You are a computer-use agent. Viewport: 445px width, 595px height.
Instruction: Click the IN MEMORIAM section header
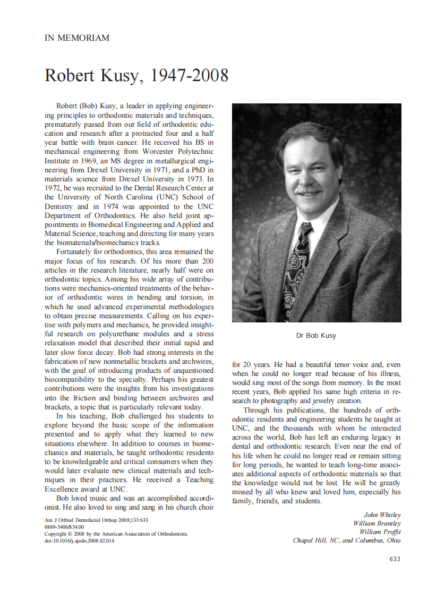(x=77, y=38)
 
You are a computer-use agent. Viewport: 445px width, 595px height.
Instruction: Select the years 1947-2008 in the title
(x=190, y=75)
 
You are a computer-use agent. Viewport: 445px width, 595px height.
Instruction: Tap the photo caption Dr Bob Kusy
(x=316, y=335)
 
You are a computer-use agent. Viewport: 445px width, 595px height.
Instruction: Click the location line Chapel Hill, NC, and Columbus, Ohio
(x=347, y=540)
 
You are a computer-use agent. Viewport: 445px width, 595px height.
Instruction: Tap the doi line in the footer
(x=79, y=541)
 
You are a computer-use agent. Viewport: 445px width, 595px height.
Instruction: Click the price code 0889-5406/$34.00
(x=64, y=527)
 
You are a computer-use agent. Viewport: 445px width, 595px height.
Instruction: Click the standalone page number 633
(x=395, y=559)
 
